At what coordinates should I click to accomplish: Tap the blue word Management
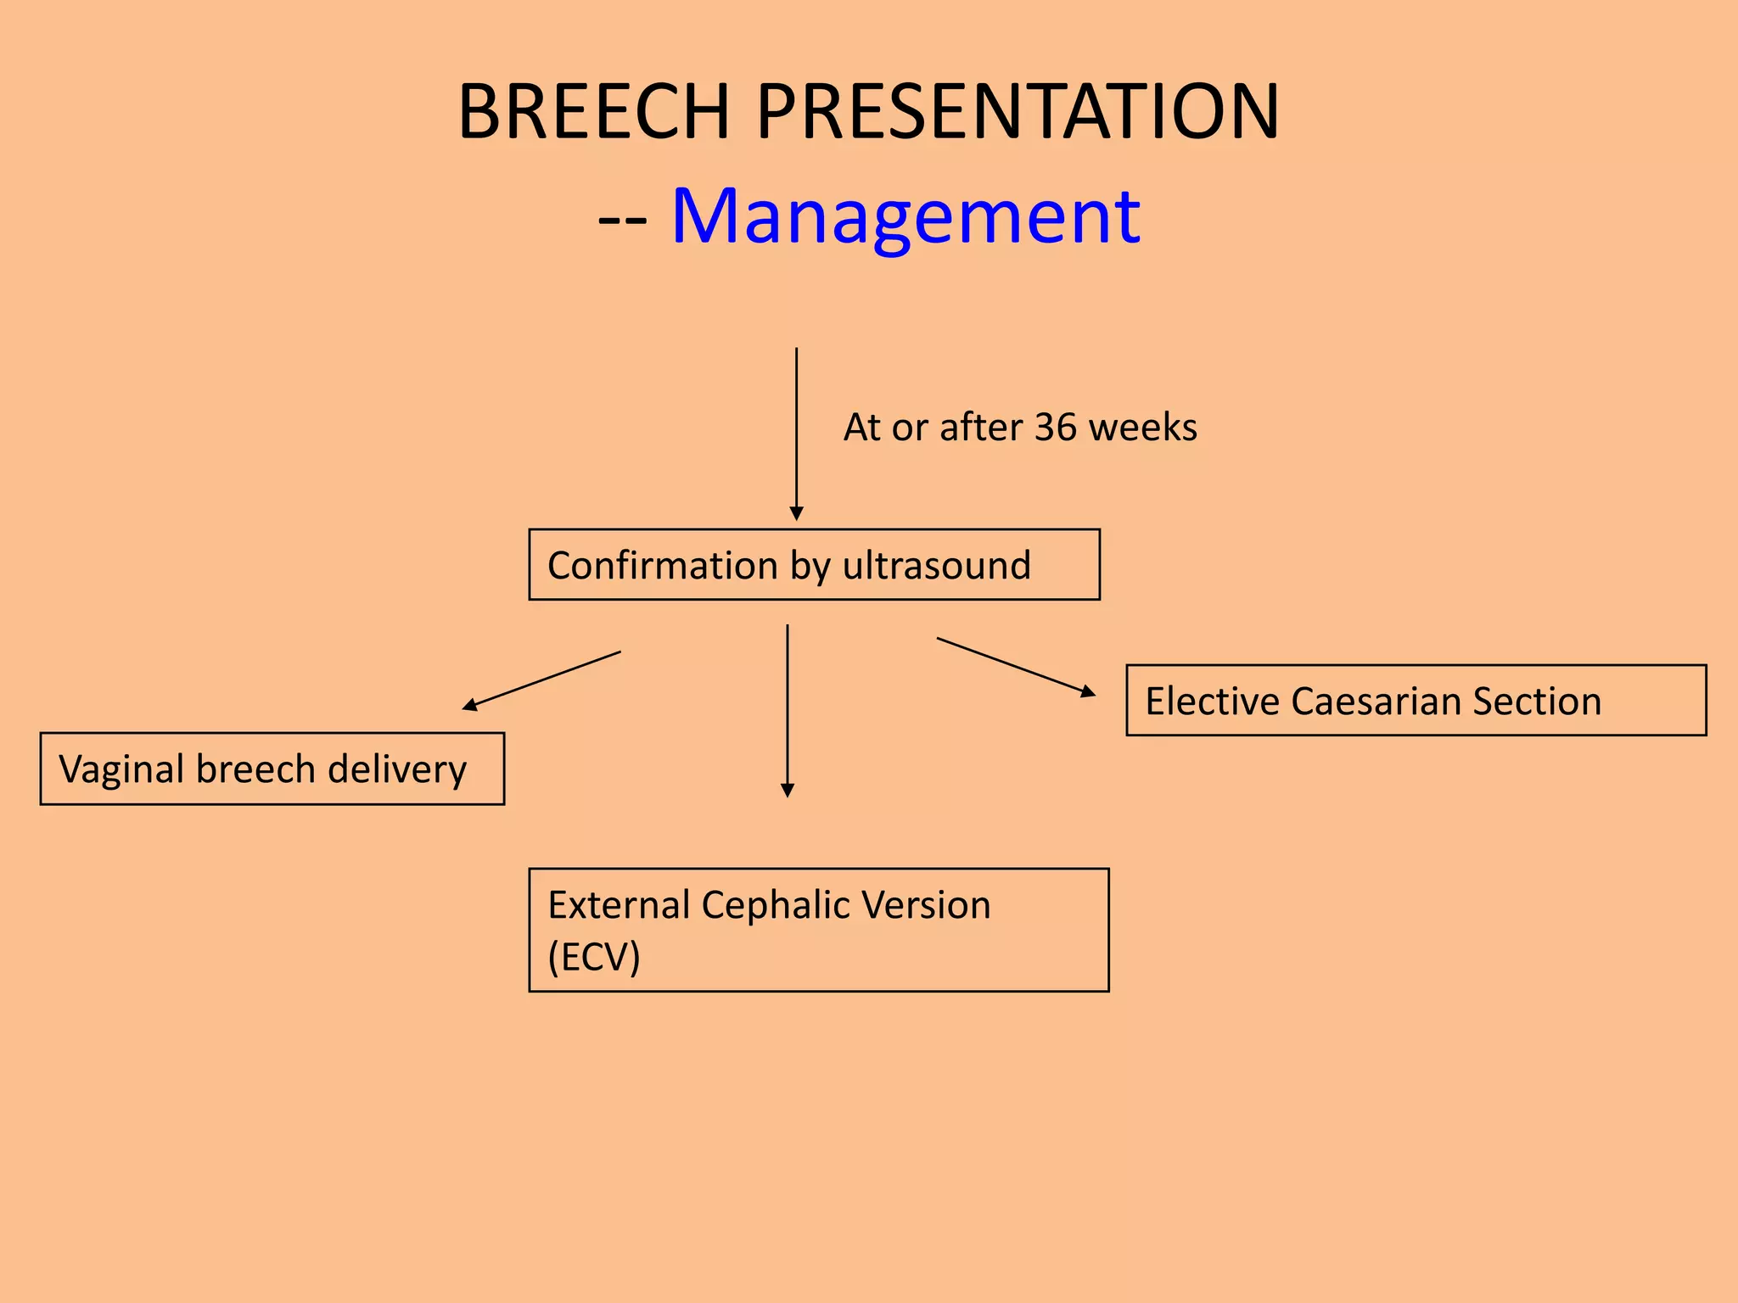(905, 217)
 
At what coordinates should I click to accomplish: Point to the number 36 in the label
(1055, 428)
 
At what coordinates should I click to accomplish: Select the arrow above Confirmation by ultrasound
(796, 433)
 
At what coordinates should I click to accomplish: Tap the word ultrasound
(937, 566)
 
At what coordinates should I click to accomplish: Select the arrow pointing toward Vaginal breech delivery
(541, 680)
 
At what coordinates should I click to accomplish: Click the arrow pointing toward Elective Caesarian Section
(1016, 667)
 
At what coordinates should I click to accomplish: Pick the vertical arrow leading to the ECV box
(788, 711)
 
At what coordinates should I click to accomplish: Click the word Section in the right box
(1537, 702)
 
